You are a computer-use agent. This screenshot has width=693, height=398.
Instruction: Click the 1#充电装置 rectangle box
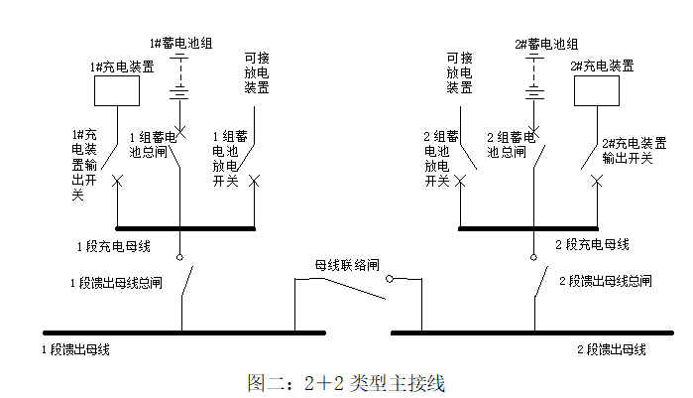click(117, 90)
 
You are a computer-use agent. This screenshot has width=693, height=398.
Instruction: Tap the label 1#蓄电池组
click(180, 44)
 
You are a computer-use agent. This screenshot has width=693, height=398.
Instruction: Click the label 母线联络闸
click(347, 266)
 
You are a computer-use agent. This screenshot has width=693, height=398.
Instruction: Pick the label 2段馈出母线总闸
click(602, 282)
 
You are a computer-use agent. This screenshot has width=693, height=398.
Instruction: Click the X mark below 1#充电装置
click(117, 181)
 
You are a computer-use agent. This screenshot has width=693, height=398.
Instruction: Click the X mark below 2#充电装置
click(597, 181)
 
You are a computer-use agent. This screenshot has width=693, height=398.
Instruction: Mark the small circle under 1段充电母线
click(180, 257)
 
